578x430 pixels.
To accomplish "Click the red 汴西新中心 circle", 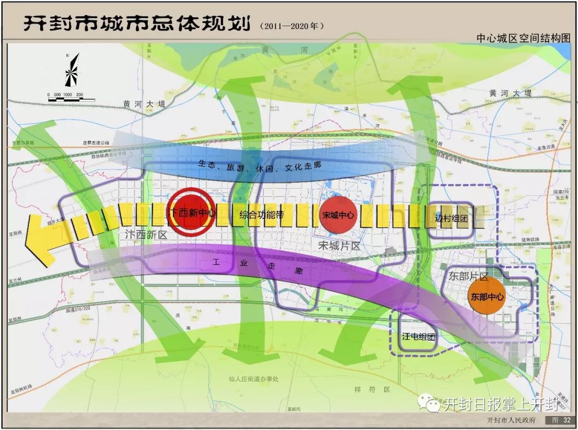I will [191, 212].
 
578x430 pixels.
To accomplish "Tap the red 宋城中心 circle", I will [338, 216].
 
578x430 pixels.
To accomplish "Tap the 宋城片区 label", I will [339, 245].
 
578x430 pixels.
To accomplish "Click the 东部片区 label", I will [469, 277].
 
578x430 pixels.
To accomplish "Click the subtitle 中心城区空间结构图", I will [523, 38].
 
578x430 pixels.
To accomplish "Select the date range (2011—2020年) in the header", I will [292, 25].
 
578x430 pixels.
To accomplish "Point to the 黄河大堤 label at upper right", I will [511, 94].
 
